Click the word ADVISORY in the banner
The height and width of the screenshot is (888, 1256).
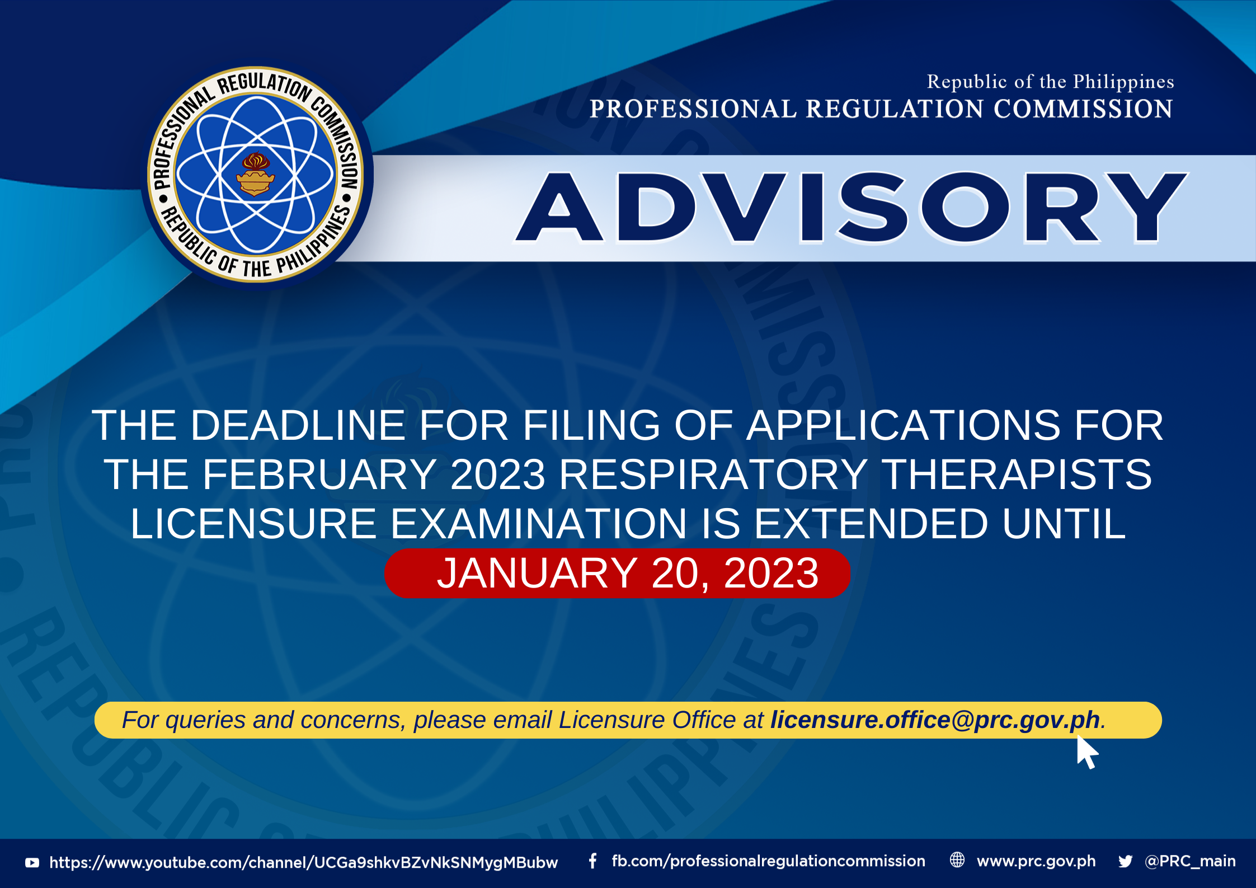(852, 208)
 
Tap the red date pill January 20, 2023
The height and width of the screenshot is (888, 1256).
(617, 573)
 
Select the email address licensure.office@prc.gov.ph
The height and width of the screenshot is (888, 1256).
(935, 720)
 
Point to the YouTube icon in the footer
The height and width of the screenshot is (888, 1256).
(32, 863)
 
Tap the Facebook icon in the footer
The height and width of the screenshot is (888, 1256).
(592, 861)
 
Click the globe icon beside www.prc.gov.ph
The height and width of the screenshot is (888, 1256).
(957, 860)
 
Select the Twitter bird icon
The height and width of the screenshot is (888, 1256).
(1126, 861)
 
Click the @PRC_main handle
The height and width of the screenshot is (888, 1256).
(1190, 861)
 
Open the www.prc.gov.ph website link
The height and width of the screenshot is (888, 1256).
(1036, 861)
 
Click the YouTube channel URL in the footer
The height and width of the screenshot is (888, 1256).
(304, 863)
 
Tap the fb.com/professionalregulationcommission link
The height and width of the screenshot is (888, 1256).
(769, 861)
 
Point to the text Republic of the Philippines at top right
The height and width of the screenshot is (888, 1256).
(1050, 82)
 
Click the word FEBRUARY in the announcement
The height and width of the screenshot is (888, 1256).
(319, 474)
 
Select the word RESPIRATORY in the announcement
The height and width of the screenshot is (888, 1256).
(713, 474)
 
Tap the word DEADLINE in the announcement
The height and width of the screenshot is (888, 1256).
(298, 425)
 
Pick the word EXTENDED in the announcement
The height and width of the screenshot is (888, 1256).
(871, 524)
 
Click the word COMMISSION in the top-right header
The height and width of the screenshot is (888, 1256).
(1083, 109)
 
